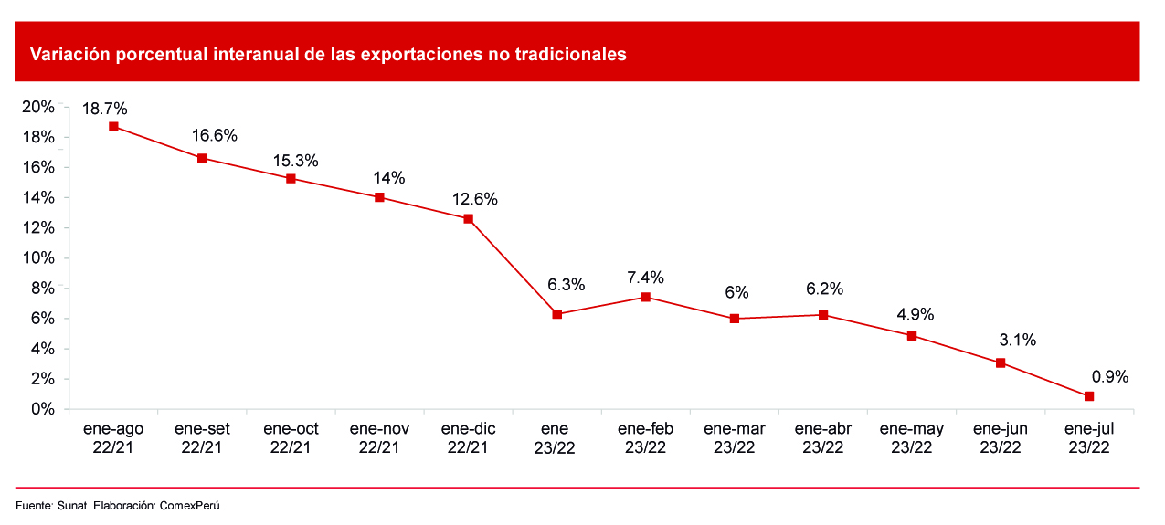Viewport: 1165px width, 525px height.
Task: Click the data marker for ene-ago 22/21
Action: [113, 127]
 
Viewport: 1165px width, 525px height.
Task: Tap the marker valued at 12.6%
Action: [469, 219]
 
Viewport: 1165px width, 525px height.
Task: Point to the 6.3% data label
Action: [566, 285]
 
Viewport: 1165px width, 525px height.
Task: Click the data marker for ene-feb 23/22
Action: [646, 297]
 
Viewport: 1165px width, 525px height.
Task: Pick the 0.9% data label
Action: [1110, 376]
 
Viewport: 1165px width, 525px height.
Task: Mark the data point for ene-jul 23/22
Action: [1089, 396]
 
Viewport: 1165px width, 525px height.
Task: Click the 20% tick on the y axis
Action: [39, 108]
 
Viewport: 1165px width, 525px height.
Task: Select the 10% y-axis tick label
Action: [39, 258]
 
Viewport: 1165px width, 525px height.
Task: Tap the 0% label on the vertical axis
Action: [43, 409]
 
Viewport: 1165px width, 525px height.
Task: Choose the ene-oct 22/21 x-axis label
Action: [291, 437]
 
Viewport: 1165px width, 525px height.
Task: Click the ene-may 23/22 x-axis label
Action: [912, 437]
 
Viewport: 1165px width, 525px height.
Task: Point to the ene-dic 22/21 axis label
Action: [468, 437]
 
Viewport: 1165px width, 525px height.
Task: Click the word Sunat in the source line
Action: [72, 506]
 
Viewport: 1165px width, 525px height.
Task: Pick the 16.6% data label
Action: [215, 136]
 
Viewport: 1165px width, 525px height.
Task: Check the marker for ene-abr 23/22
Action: [823, 315]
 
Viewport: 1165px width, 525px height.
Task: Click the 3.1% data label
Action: [1018, 341]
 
